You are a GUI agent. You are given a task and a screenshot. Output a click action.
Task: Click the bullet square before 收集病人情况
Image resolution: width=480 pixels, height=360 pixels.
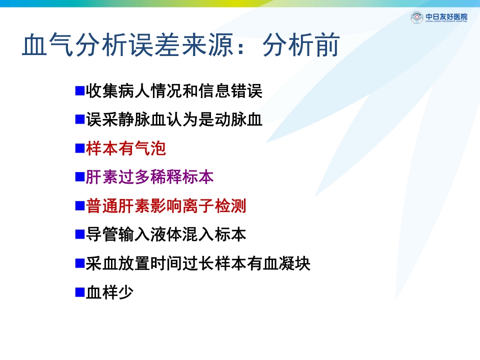[79, 91]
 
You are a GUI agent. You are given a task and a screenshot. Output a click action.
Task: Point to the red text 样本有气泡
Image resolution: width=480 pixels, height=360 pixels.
[125, 148]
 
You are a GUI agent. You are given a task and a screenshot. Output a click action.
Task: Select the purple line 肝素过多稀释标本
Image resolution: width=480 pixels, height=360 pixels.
[150, 177]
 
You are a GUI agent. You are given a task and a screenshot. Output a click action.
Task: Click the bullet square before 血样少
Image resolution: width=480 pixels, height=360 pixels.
[79, 292]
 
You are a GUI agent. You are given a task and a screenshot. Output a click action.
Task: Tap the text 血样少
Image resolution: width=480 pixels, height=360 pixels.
[109, 292]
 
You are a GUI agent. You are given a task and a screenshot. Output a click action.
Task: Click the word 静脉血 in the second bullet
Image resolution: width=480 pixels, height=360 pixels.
[141, 120]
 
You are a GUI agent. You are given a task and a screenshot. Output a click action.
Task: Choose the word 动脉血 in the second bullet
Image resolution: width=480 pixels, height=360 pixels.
[238, 120]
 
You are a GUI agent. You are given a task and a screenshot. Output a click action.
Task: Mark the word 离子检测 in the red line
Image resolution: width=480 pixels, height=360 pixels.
[214, 206]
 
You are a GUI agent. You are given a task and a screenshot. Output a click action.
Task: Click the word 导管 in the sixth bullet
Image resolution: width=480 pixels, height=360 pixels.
[102, 234]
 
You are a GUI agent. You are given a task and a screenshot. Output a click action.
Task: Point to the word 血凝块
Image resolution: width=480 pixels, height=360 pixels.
[286, 263]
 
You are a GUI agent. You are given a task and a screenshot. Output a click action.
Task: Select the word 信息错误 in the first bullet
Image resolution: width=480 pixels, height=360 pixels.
[230, 91]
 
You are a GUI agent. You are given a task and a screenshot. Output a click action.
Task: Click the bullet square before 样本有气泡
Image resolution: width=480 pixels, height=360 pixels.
[79, 148]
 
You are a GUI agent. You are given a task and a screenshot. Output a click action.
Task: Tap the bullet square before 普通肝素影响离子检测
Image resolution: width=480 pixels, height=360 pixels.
[79, 206]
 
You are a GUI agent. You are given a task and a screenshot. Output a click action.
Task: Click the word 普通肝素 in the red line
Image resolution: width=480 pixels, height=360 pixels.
[118, 206]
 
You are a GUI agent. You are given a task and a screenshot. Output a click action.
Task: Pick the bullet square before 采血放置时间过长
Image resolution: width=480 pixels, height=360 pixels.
[79, 263]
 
